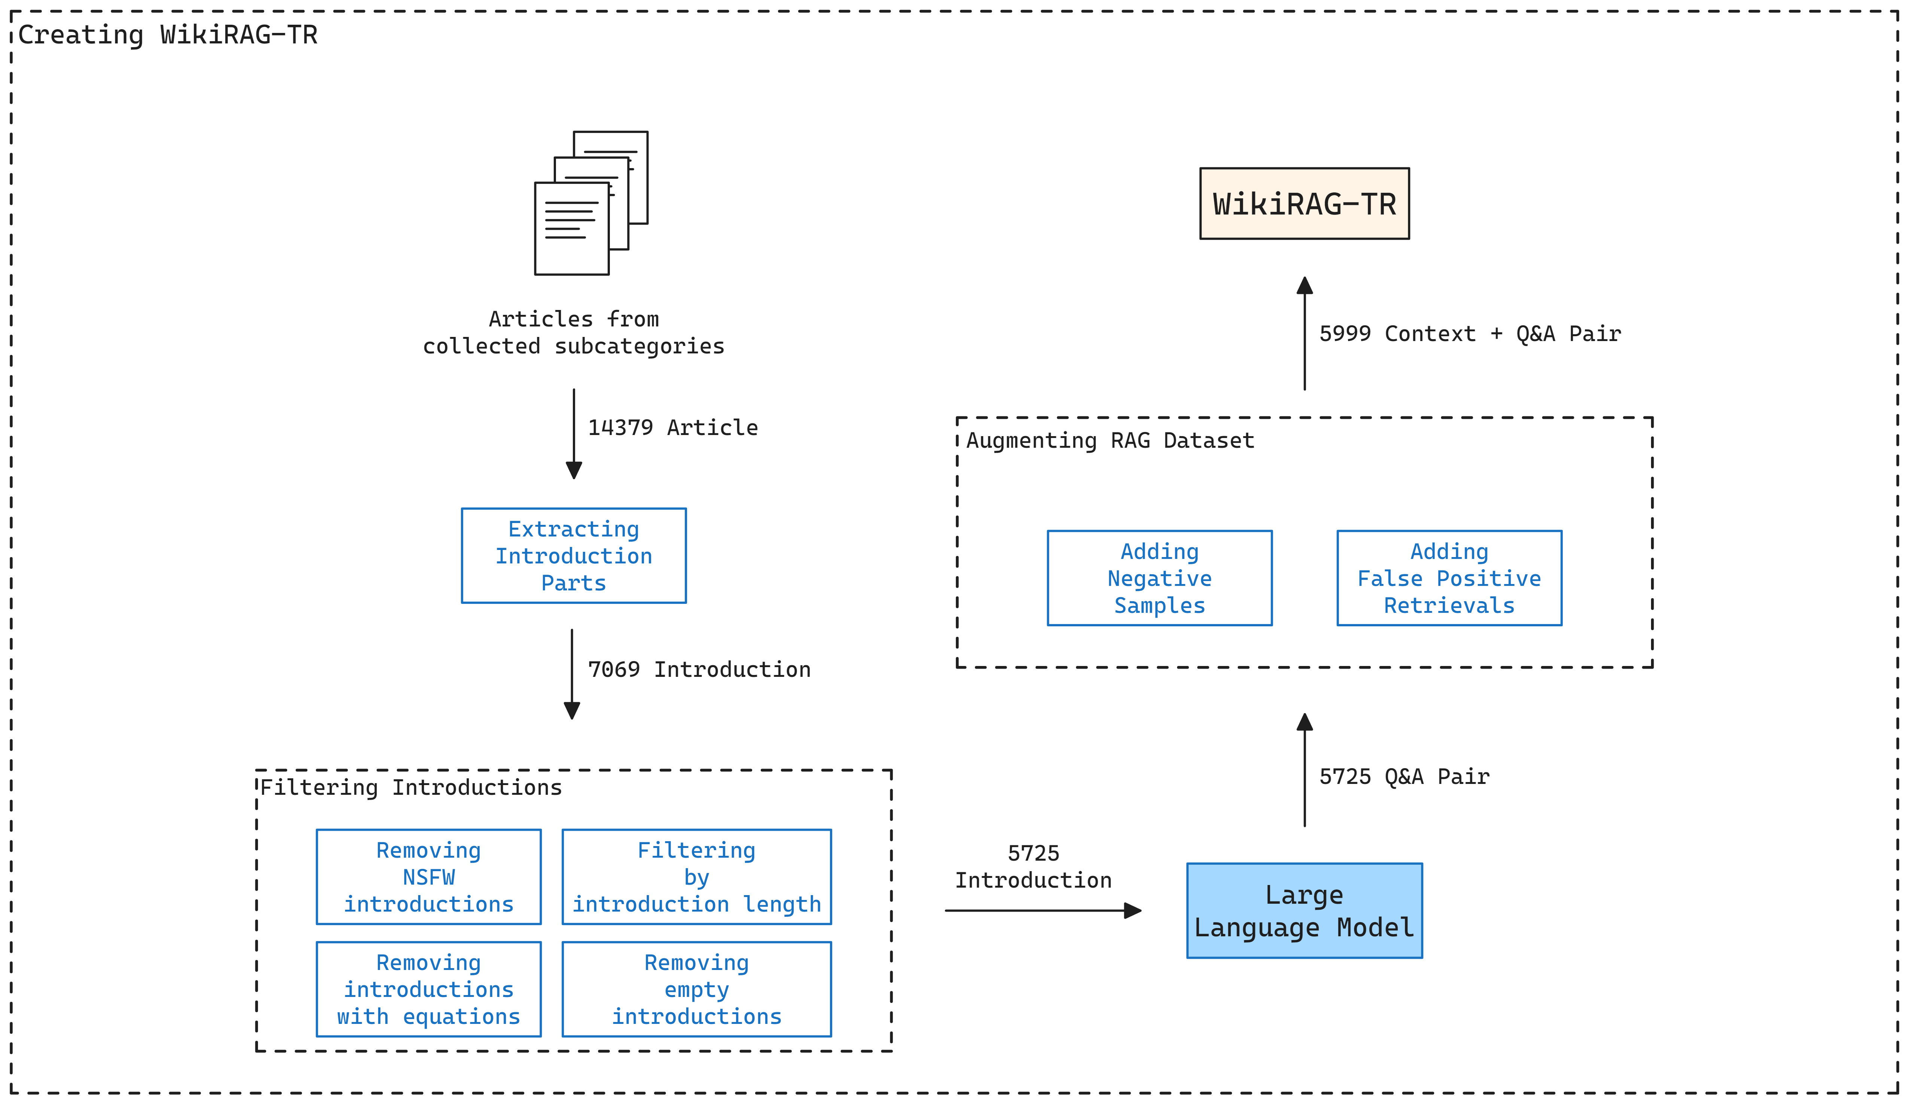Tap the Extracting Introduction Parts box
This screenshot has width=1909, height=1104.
574,556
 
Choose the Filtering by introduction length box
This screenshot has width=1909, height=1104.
696,877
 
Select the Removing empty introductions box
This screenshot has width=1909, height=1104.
696,989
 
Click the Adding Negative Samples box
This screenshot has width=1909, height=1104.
1159,578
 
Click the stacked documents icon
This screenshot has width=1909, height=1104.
591,203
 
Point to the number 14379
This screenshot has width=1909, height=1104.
620,428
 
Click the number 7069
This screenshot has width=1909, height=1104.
614,669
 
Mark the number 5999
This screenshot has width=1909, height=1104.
1345,334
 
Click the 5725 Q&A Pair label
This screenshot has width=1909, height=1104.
1404,776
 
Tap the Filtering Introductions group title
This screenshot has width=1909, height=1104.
411,787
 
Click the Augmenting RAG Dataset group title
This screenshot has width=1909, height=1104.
1110,440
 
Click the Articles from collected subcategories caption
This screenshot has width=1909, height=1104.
574,332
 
